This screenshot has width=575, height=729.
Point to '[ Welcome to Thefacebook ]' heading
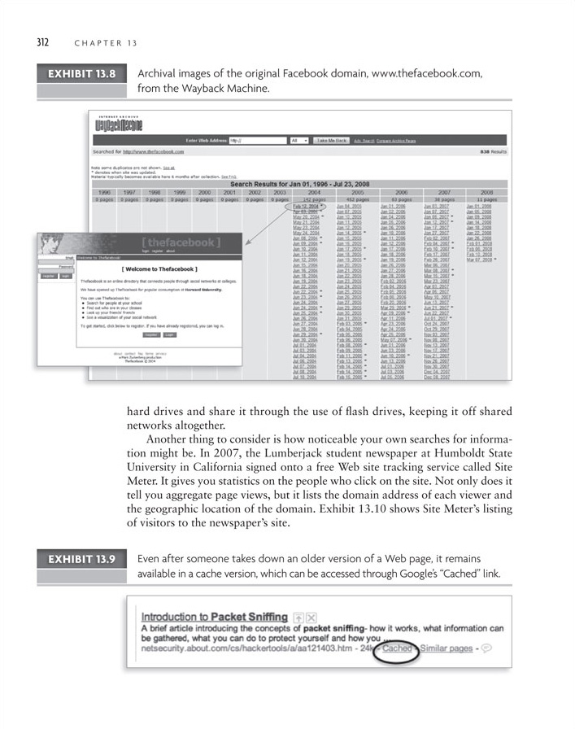159,268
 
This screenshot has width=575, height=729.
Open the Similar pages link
446,648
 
